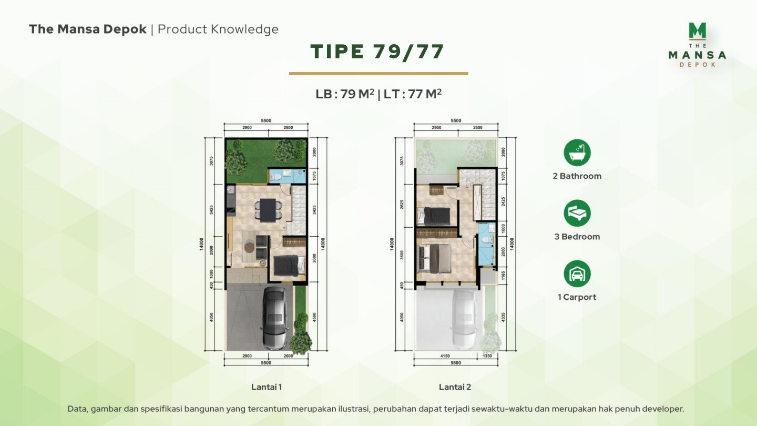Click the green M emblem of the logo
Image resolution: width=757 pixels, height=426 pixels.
coord(698,31)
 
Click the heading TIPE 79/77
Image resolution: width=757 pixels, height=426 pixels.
coord(377,52)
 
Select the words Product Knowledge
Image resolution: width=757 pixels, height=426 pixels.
coord(218,29)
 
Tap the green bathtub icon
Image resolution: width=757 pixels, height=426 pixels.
coord(577,153)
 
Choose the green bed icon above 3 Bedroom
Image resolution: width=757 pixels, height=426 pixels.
coord(577,213)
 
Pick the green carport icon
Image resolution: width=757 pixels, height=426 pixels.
coord(577,273)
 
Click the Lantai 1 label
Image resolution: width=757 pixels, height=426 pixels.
coord(267,387)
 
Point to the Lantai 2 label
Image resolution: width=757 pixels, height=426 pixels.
coord(455,387)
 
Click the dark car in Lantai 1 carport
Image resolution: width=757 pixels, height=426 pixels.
coord(276,319)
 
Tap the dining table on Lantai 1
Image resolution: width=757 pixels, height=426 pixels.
coord(268,210)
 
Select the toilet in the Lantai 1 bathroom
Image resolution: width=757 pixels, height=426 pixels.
coord(275,177)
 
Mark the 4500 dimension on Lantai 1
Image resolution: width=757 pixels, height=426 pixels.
coord(314,317)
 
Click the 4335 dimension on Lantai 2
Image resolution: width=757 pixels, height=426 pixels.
coord(503,317)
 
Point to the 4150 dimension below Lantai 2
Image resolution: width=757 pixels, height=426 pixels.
coord(445,356)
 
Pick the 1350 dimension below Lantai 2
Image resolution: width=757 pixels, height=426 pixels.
coord(487,356)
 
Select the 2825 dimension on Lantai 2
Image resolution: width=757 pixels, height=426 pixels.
coord(402,205)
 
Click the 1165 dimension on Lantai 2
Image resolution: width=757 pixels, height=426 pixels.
coord(503,275)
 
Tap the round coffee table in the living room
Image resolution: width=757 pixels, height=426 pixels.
coord(249,246)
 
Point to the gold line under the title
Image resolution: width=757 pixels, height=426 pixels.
coord(378,74)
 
